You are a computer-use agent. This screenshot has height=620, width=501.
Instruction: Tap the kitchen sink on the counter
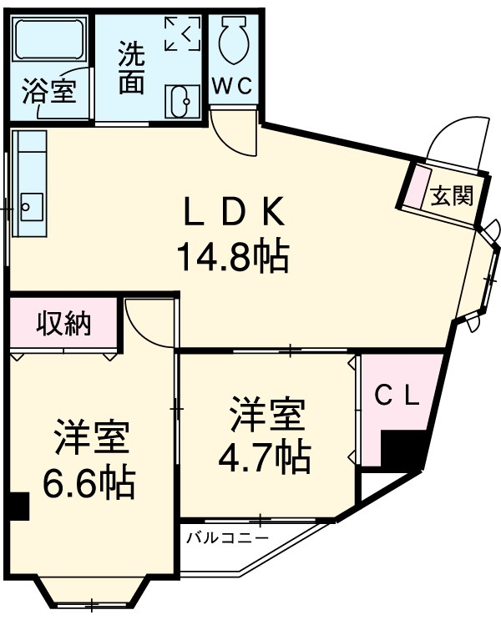31,204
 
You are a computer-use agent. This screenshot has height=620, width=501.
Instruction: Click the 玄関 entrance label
453,196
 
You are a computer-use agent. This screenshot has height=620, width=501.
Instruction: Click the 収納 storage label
63,324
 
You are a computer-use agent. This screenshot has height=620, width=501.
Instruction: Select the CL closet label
395,396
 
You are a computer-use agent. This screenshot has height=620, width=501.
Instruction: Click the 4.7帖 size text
265,456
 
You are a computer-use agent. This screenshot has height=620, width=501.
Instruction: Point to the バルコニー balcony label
227,536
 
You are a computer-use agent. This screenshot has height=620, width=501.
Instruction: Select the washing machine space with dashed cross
182,33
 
